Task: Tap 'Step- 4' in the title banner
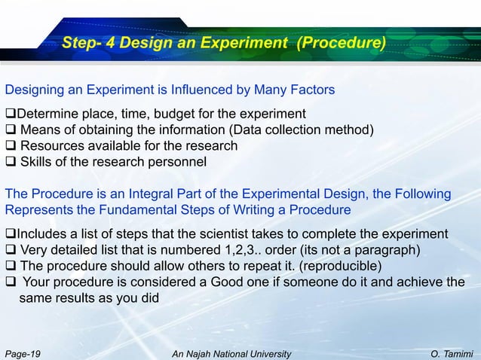click(86, 43)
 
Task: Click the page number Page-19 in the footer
click(23, 352)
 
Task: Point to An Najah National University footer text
click(231, 352)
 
